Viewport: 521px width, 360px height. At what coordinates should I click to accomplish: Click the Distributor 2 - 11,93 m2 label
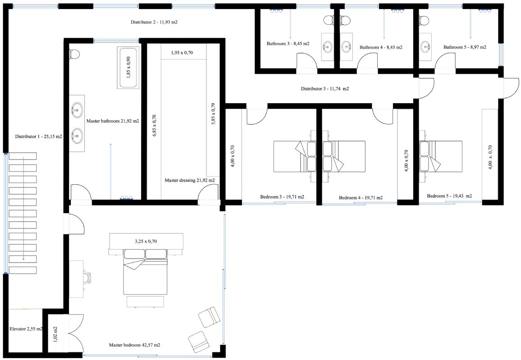click(154, 22)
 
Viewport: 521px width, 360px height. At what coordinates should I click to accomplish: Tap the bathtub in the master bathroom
click(128, 68)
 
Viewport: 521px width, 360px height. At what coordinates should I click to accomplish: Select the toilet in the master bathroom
click(74, 54)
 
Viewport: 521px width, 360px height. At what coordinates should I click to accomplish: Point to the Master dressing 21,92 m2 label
click(190, 180)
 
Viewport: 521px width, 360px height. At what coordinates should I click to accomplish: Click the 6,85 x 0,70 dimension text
click(154, 126)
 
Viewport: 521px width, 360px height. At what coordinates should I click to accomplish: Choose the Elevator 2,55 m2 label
click(26, 329)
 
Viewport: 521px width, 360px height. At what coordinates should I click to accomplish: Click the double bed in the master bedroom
click(145, 272)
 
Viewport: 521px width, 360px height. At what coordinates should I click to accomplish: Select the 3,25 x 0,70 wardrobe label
click(146, 242)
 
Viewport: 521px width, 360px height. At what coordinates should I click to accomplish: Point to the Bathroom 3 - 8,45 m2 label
click(288, 44)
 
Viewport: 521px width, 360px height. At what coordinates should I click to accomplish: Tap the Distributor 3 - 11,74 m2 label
click(325, 89)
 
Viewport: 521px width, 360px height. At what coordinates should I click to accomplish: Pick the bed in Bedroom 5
click(441, 156)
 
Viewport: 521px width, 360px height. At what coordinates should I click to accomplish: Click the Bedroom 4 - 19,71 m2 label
click(361, 198)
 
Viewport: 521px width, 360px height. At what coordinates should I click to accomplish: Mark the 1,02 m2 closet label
click(55, 334)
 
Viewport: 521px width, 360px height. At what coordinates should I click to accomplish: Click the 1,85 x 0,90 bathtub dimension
click(128, 68)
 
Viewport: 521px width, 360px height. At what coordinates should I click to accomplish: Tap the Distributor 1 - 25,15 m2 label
click(39, 137)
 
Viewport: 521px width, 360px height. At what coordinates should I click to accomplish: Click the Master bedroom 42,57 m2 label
click(135, 345)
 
